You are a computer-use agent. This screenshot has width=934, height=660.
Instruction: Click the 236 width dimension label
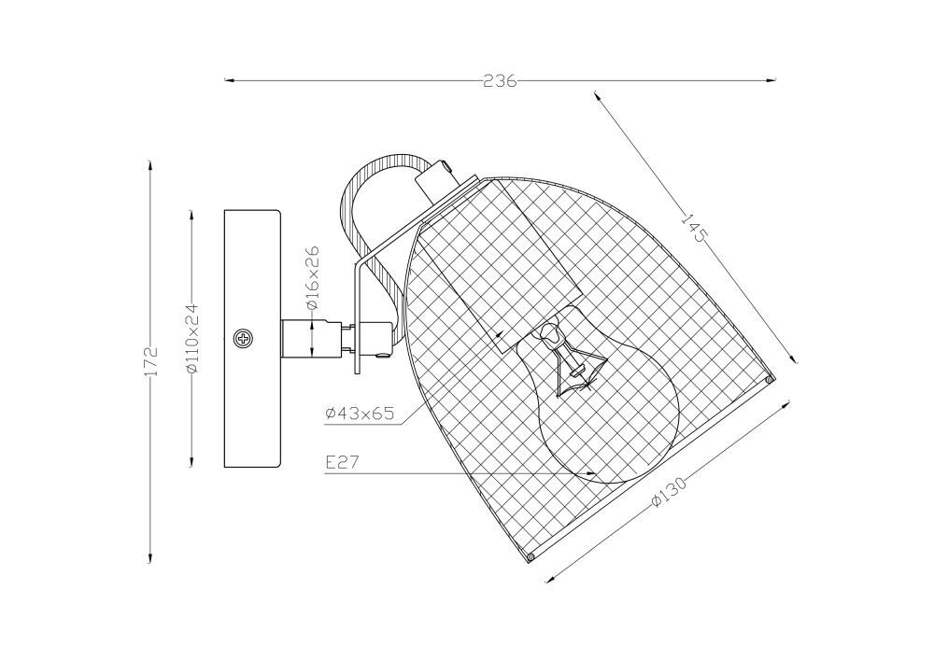click(x=499, y=81)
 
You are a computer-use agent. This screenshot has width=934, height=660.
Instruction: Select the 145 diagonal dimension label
click(x=693, y=229)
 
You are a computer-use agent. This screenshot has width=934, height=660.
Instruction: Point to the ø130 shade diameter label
click(x=669, y=491)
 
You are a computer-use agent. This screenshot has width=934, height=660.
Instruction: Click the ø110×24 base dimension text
click(x=191, y=338)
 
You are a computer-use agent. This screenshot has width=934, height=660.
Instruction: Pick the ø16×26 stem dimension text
click(x=313, y=277)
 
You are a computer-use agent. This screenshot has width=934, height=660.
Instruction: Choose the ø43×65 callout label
click(x=360, y=414)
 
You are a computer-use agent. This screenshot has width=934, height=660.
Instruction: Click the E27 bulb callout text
click(x=343, y=462)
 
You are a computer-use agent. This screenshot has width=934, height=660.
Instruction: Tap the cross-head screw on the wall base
click(x=244, y=339)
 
